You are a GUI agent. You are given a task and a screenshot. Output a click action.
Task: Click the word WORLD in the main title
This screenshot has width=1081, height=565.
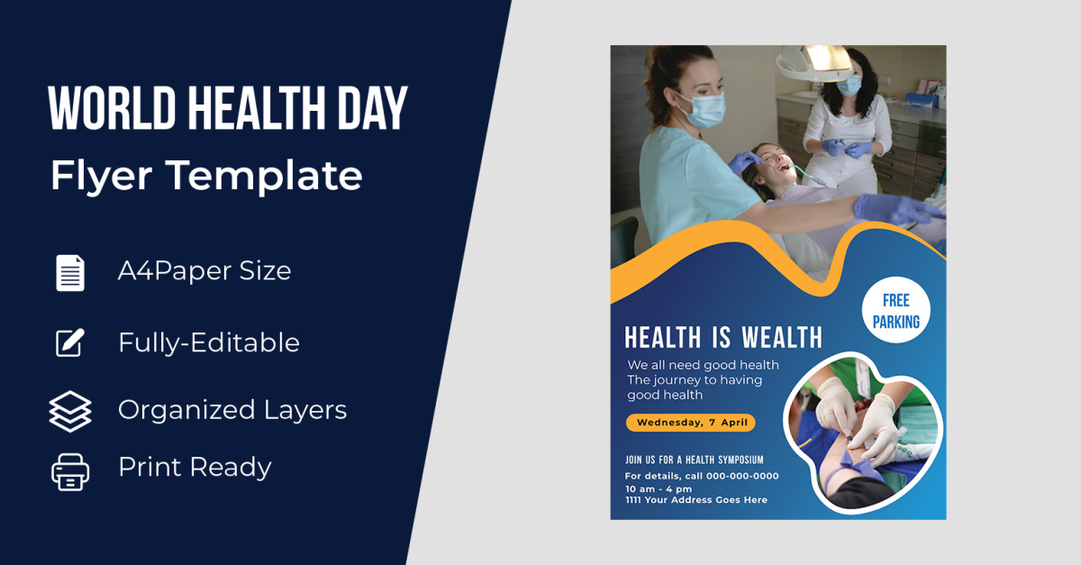(x=112, y=108)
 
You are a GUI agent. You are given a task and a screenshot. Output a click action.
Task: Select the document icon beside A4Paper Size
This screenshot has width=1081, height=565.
(x=70, y=273)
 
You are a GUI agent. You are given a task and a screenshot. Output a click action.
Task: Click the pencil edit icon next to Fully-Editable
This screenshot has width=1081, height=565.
(x=70, y=342)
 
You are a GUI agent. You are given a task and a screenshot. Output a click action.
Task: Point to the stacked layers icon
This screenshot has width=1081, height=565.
(x=70, y=412)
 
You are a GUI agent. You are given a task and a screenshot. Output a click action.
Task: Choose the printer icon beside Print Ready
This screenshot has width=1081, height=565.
(x=70, y=472)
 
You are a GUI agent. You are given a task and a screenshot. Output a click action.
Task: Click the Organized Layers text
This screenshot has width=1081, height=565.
(x=232, y=411)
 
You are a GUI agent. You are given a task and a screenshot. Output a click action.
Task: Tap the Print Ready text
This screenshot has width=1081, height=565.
(x=195, y=468)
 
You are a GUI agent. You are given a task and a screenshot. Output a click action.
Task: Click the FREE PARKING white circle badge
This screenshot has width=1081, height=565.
(x=896, y=310)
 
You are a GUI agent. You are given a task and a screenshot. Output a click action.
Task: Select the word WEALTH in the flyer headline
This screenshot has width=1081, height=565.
(x=782, y=337)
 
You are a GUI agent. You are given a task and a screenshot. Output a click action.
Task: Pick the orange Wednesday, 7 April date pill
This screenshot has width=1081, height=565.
(x=691, y=423)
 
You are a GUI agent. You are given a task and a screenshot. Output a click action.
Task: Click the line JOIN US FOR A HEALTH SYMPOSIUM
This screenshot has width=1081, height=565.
(x=695, y=460)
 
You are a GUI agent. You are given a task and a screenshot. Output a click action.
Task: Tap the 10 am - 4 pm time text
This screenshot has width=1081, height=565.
(x=659, y=488)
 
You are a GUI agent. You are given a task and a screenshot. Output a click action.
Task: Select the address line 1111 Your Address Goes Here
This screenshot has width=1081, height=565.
(x=695, y=500)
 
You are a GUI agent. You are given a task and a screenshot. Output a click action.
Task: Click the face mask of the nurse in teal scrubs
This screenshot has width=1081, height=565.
(x=705, y=109)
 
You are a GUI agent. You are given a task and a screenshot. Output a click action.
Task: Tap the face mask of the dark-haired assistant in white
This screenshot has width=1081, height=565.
(x=849, y=86)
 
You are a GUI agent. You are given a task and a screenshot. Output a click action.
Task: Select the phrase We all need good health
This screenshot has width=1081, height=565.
(x=704, y=365)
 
